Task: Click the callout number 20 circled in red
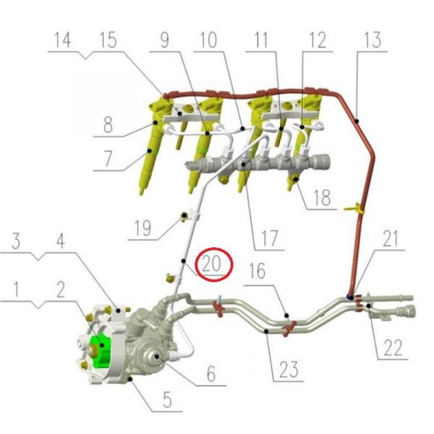click(211, 263)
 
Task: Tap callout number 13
click(373, 40)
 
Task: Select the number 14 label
click(63, 40)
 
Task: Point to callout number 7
click(108, 158)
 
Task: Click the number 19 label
click(142, 228)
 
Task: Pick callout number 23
click(289, 369)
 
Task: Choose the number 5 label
click(167, 399)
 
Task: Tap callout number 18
click(322, 197)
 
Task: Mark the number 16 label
click(258, 271)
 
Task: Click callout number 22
click(393, 347)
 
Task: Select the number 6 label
click(211, 374)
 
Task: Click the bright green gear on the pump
click(101, 351)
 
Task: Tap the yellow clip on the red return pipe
click(355, 208)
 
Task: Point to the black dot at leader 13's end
click(357, 121)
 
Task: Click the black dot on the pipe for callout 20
click(183, 261)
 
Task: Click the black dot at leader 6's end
click(157, 356)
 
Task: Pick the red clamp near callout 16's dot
click(289, 328)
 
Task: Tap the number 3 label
click(16, 241)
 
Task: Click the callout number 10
click(208, 40)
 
